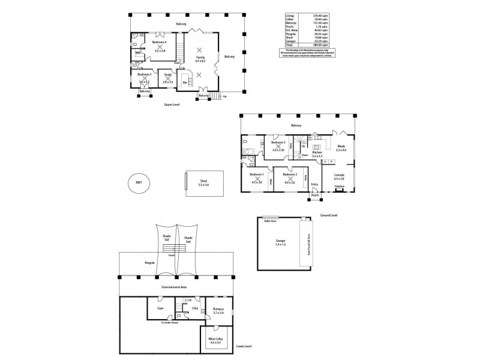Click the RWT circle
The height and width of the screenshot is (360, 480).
click(x=139, y=183)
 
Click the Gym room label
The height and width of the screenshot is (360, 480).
click(x=160, y=308)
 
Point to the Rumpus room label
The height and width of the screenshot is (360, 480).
click(x=218, y=309)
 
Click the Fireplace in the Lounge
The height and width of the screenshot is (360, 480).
click(x=340, y=187)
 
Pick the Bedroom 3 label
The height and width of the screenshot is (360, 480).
click(x=278, y=142)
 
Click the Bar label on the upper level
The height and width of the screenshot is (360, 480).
click(x=184, y=82)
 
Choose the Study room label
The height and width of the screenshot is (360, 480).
click(x=167, y=74)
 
